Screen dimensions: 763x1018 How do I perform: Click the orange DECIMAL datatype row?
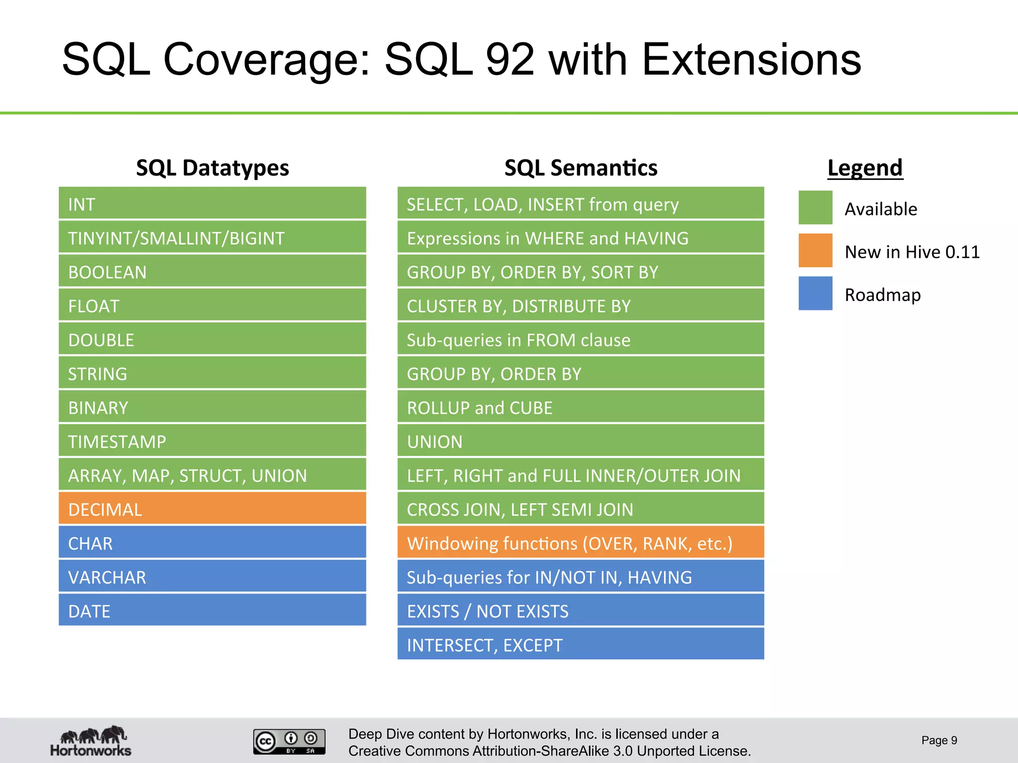pos(212,509)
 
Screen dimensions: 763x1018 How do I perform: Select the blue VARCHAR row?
pos(212,577)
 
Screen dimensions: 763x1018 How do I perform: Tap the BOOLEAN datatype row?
pos(212,272)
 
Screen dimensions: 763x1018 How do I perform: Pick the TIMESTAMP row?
pos(212,441)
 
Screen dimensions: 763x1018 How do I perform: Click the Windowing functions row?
pos(581,542)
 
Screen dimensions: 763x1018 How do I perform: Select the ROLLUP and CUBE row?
pos(581,407)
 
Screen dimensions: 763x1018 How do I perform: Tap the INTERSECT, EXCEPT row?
pos(581,644)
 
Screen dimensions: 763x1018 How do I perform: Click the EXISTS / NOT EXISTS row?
pos(581,610)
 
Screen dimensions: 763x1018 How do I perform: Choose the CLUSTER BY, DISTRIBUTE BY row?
pos(581,305)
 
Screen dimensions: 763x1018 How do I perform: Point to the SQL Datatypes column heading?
pos(212,168)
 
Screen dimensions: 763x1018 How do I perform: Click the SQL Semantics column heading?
pos(581,168)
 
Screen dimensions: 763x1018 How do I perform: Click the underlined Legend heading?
pos(865,168)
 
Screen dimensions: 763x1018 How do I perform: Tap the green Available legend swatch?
pos(815,208)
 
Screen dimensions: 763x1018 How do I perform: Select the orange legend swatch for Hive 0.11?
pos(815,250)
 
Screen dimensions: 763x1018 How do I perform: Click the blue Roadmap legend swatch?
pos(815,293)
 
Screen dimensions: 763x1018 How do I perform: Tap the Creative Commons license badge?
pos(289,742)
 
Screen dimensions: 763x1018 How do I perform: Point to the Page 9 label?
pos(939,740)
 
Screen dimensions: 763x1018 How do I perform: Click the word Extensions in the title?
pos(751,60)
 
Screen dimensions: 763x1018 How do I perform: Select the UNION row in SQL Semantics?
pos(581,441)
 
